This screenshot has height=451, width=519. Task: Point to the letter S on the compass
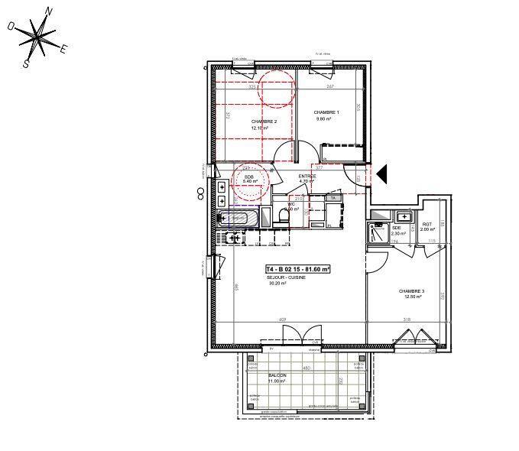tap(26, 64)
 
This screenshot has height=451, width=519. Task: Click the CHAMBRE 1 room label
tap(326, 112)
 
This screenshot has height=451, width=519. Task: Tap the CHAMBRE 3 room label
tap(411, 292)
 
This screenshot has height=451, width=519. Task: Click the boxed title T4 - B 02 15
tap(298, 269)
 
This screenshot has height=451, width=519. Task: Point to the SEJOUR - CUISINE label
tap(286, 277)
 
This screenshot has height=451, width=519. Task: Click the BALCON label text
tap(277, 375)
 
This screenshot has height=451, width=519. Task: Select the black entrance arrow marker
tap(383, 174)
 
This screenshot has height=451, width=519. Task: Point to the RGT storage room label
tap(427, 225)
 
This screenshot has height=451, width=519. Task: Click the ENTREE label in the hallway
tap(307, 176)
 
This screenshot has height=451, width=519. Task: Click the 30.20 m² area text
tap(276, 284)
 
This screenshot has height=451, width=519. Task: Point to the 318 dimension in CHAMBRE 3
tap(407, 320)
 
